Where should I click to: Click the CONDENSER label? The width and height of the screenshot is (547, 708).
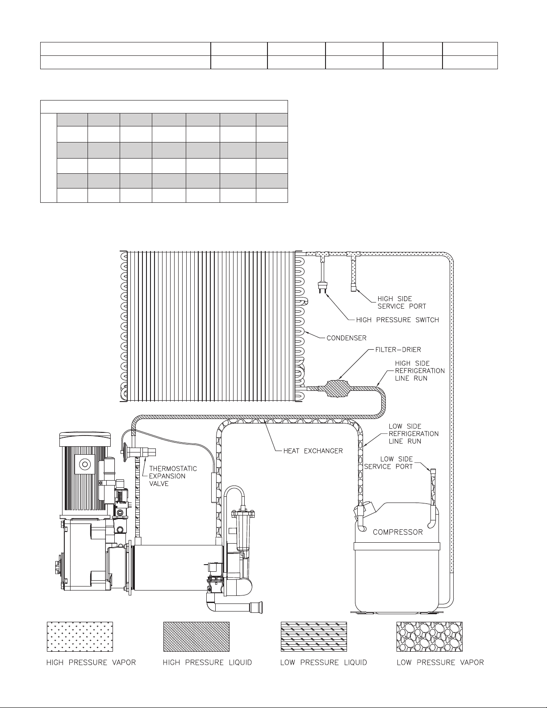click(x=347, y=338)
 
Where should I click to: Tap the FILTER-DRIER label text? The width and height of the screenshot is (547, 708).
click(x=398, y=350)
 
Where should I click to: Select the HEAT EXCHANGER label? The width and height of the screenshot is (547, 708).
click(x=313, y=451)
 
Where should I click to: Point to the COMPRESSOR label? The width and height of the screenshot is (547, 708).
click(x=397, y=532)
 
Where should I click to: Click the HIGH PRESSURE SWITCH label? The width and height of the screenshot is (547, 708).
click(x=397, y=320)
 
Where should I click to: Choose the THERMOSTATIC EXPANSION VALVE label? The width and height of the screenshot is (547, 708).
click(x=173, y=476)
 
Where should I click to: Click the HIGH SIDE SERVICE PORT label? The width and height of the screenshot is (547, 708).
click(x=401, y=302)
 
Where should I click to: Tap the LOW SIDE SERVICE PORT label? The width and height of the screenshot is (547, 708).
click(x=388, y=463)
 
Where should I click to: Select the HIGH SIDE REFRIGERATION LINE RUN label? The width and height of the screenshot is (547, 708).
click(x=420, y=371)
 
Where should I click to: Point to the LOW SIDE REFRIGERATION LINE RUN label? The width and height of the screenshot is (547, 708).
click(x=413, y=434)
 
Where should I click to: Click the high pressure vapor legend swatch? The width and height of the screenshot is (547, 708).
click(x=80, y=637)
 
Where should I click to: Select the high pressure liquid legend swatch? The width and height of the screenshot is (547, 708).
click(x=196, y=637)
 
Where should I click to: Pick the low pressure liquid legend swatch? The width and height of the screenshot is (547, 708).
click(x=314, y=637)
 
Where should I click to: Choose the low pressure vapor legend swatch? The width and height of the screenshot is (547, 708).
click(x=430, y=637)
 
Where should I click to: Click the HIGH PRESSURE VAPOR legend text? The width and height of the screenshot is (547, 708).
click(x=91, y=662)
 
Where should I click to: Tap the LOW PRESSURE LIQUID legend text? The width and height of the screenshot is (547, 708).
click(x=324, y=662)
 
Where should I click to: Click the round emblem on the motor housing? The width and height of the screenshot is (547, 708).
click(x=85, y=464)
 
